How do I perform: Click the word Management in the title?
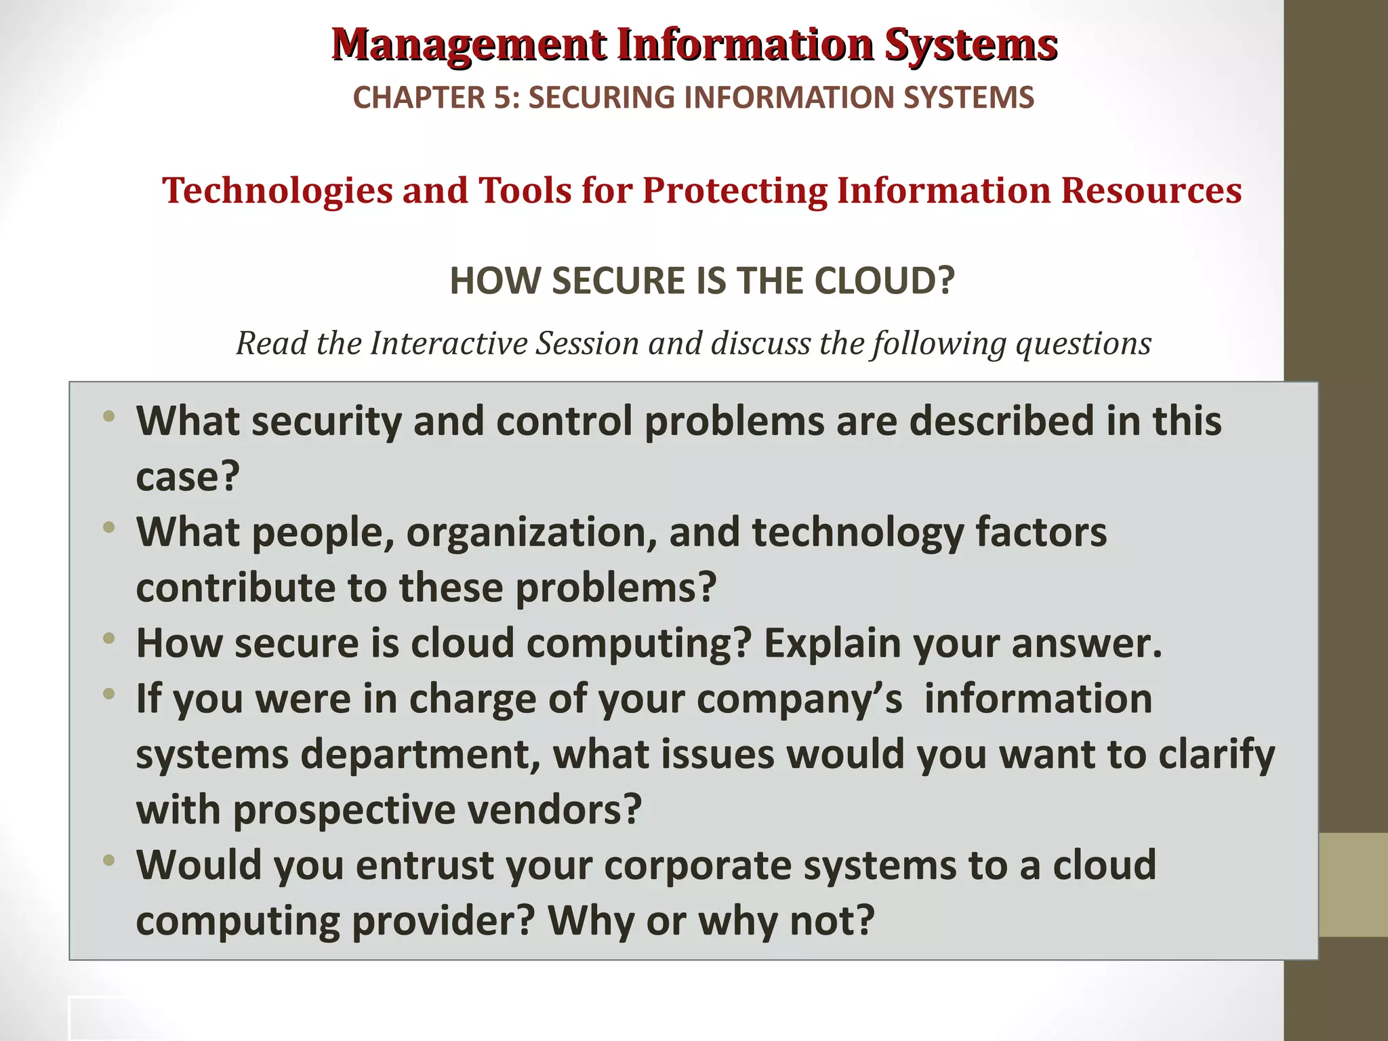coord(469,45)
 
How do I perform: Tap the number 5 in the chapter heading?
coord(500,98)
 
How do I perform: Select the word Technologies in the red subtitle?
coord(277,190)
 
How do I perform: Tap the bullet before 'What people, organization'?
coord(109,527)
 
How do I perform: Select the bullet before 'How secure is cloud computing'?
coord(109,638)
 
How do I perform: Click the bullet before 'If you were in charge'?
coord(109,694)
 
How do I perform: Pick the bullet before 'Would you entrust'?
coord(109,861)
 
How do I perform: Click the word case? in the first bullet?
coord(188,477)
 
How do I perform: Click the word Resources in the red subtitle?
coord(1151,190)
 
